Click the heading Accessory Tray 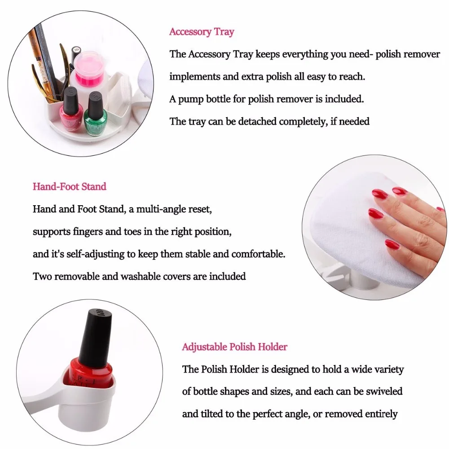[202, 31]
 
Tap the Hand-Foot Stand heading [69, 186]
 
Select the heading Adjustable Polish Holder [234, 347]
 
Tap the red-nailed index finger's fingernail [376, 214]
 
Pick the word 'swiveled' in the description [383, 391]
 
